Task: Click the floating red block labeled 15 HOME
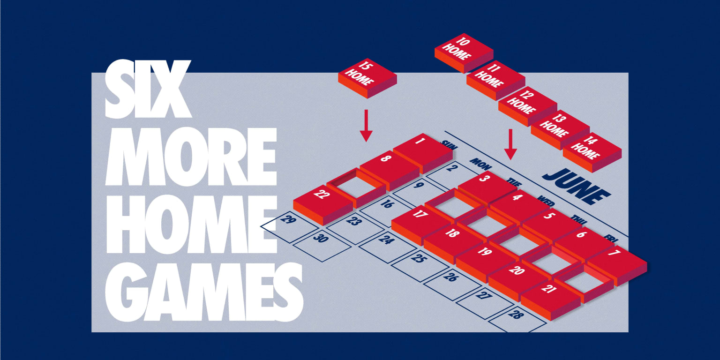pos(367,78)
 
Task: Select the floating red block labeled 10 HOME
pos(464,53)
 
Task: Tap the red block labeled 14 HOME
pos(592,152)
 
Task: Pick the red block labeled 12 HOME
pos(528,106)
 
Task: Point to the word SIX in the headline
pos(148,89)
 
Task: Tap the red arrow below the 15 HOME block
pos(366,126)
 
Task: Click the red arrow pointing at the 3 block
pos(510,144)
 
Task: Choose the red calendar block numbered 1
pos(423,153)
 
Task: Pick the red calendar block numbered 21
pos(551,300)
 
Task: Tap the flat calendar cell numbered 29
pos(290,226)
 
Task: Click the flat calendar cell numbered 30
pos(322,245)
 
